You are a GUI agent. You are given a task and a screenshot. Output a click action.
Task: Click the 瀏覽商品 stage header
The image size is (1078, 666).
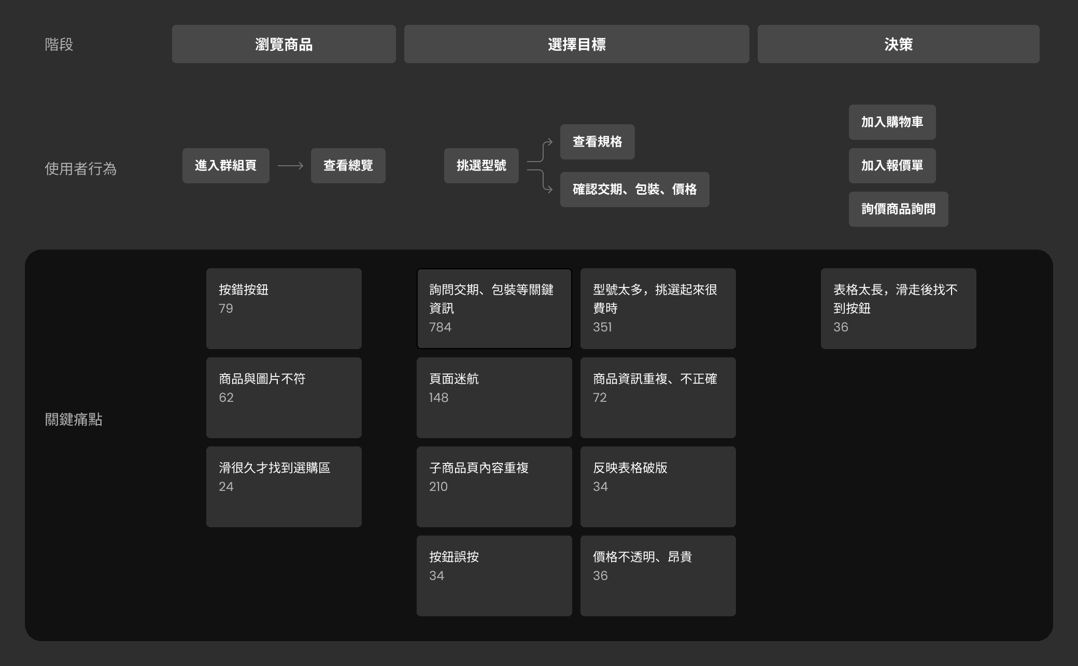283,45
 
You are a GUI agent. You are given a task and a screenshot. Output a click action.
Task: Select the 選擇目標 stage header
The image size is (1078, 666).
576,45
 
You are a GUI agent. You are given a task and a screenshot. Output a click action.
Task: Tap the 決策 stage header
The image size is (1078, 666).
898,45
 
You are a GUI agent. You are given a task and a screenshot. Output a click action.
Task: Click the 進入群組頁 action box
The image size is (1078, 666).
225,166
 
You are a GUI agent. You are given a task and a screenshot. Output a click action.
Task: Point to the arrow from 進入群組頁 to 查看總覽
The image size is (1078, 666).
290,166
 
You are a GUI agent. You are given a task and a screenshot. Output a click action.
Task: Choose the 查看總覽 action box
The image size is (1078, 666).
348,166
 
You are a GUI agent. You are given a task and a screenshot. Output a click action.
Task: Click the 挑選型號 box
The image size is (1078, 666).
481,166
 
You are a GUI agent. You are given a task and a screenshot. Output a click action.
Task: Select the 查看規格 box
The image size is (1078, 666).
597,142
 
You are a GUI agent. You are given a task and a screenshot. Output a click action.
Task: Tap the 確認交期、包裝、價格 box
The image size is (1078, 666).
634,190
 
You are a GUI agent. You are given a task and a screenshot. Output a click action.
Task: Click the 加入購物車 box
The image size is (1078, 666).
892,122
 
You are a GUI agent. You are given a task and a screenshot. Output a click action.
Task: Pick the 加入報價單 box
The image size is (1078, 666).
892,166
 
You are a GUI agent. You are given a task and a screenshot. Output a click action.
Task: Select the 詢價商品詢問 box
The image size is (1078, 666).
898,209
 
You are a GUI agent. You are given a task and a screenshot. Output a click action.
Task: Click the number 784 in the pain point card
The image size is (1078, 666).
440,327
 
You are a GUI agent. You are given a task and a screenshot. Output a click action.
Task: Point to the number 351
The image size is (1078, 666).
602,327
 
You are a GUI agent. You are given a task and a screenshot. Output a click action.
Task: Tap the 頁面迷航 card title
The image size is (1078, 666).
454,379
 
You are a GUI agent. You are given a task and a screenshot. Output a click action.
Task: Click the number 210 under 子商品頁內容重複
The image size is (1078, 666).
438,487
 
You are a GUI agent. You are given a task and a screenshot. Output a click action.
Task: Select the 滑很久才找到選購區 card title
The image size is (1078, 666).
274,468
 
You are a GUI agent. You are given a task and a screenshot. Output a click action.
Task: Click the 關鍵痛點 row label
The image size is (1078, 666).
74,419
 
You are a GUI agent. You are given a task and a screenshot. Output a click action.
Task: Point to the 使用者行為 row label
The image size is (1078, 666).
80,169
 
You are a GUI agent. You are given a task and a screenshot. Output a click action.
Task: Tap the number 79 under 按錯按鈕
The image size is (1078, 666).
225,309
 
